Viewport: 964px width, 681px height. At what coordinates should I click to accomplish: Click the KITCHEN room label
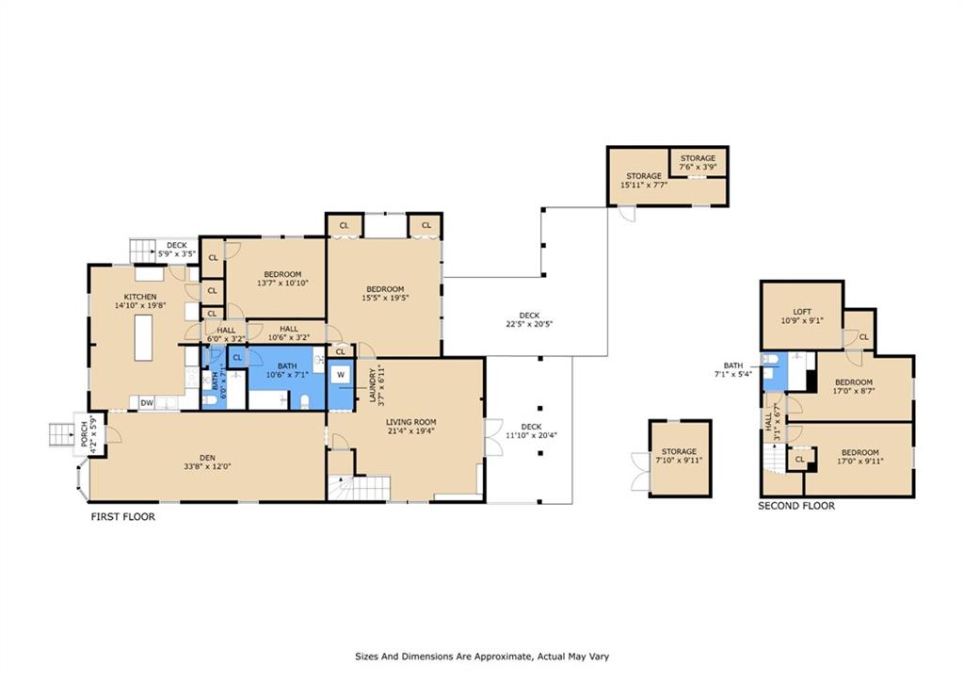click(140, 297)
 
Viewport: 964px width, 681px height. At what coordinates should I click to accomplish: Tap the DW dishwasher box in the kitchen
click(146, 403)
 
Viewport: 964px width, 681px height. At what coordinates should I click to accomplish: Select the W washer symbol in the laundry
click(340, 375)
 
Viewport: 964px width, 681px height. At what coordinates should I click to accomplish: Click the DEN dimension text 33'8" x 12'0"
click(207, 466)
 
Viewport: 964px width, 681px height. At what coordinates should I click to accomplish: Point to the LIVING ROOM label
click(410, 422)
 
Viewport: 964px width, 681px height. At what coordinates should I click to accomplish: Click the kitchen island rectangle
click(143, 337)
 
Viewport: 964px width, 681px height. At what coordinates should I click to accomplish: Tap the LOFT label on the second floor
click(802, 312)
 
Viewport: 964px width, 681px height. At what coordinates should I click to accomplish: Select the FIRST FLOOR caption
click(123, 517)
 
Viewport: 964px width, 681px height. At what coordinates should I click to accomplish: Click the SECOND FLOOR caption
click(796, 506)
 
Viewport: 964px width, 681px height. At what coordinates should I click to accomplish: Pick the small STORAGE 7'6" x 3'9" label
click(698, 162)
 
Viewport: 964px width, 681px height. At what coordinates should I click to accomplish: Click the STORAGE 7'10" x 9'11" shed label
click(679, 456)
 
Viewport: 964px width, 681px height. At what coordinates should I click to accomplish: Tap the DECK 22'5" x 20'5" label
click(529, 320)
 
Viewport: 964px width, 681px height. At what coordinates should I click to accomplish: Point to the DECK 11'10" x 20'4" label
click(531, 430)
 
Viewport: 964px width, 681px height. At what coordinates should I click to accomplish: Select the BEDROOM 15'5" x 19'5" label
click(385, 294)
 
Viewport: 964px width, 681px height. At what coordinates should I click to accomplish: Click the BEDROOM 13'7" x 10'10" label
click(282, 279)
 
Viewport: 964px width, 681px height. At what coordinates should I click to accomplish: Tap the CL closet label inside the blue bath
click(237, 357)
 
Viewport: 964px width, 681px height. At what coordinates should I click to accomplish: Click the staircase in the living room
click(359, 488)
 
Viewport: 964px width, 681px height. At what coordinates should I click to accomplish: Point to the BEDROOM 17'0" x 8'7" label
click(853, 386)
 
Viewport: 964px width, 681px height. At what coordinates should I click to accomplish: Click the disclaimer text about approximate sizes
click(482, 657)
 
